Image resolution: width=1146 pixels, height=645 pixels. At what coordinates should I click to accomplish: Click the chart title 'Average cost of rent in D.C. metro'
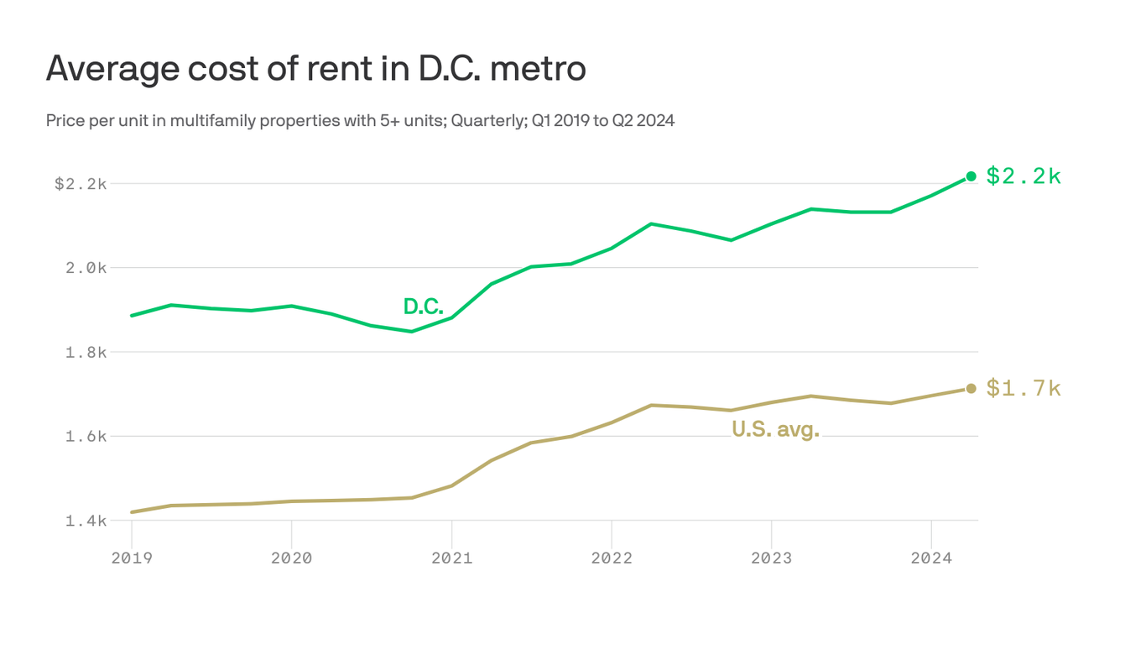pyautogui.click(x=315, y=69)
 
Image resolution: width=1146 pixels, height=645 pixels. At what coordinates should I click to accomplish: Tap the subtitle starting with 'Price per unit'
pyautogui.click(x=360, y=121)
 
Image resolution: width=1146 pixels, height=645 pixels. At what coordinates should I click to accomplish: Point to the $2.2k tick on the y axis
pyautogui.click(x=81, y=183)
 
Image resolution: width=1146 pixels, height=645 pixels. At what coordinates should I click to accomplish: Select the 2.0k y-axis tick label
pyautogui.click(x=86, y=268)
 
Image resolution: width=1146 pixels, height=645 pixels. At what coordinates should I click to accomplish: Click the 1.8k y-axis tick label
pyautogui.click(x=86, y=352)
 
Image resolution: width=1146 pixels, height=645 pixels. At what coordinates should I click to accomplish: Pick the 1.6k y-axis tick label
pyautogui.click(x=86, y=437)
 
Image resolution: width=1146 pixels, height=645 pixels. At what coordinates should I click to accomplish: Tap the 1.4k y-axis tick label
pyautogui.click(x=86, y=521)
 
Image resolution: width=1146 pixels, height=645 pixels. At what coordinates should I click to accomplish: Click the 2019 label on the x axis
pyautogui.click(x=132, y=558)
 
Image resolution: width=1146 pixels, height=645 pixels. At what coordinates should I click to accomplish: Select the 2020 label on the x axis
pyautogui.click(x=291, y=558)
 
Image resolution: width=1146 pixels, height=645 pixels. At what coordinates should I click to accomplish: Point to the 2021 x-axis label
pyautogui.click(x=451, y=558)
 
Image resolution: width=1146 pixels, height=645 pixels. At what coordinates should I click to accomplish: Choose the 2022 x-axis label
pyautogui.click(x=612, y=558)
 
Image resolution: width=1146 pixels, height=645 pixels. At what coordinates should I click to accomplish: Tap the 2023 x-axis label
pyautogui.click(x=771, y=558)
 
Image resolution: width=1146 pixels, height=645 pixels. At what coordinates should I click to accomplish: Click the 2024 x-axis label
pyautogui.click(x=931, y=558)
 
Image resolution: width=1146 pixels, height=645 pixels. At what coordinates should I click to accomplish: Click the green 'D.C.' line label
pyautogui.click(x=423, y=307)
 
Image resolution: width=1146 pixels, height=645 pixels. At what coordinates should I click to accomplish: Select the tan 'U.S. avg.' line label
pyautogui.click(x=775, y=430)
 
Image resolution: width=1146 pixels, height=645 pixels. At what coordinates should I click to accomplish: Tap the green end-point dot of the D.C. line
pyautogui.click(x=971, y=176)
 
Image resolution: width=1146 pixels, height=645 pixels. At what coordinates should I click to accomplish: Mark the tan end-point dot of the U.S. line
pyautogui.click(x=971, y=388)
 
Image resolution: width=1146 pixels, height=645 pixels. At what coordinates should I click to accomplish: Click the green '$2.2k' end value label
pyautogui.click(x=1024, y=176)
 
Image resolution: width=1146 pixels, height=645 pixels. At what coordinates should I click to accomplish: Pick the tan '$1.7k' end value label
pyautogui.click(x=1024, y=388)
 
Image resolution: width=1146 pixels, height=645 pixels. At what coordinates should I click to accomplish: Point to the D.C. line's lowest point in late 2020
pyautogui.click(x=411, y=332)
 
